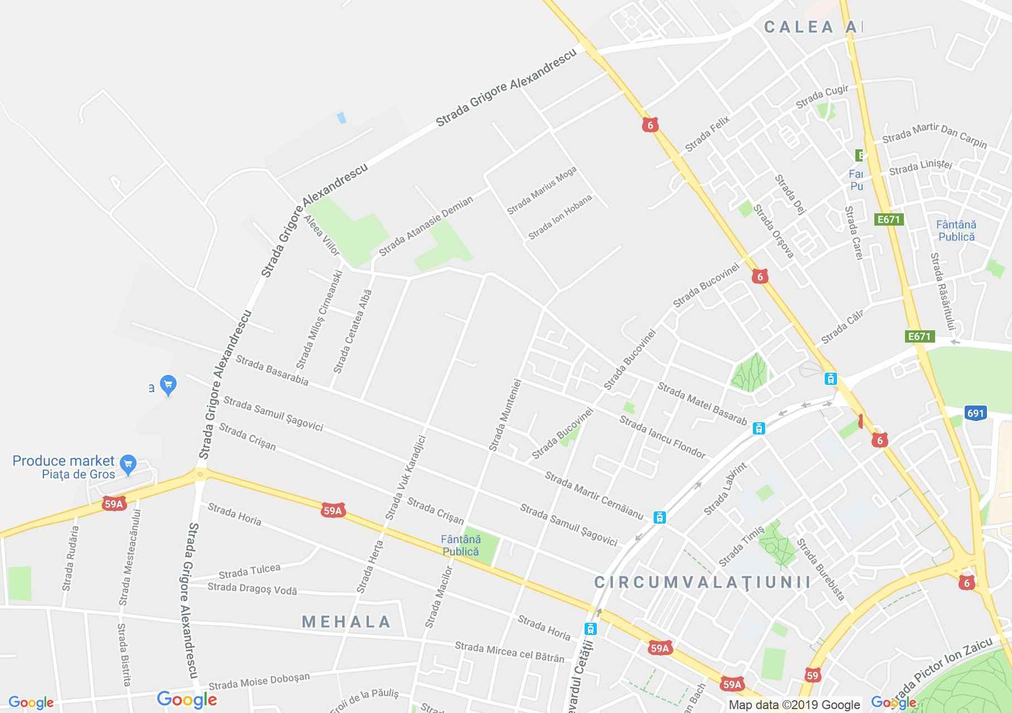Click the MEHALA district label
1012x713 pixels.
tap(346, 622)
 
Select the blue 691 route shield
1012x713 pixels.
tap(976, 413)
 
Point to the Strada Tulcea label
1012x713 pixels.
tap(249, 571)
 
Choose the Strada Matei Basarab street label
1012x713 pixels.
tap(702, 403)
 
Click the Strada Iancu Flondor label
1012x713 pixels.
tap(663, 437)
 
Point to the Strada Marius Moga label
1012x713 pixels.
tap(542, 191)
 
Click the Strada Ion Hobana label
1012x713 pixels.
tap(559, 217)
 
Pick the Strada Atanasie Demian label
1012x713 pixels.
tap(426, 226)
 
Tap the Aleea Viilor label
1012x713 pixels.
tap(322, 235)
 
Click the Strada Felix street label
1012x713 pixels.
tap(707, 134)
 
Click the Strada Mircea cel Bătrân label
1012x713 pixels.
tap(509, 652)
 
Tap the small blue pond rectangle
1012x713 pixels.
tap(342, 118)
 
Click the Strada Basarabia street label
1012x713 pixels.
tap(272, 370)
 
